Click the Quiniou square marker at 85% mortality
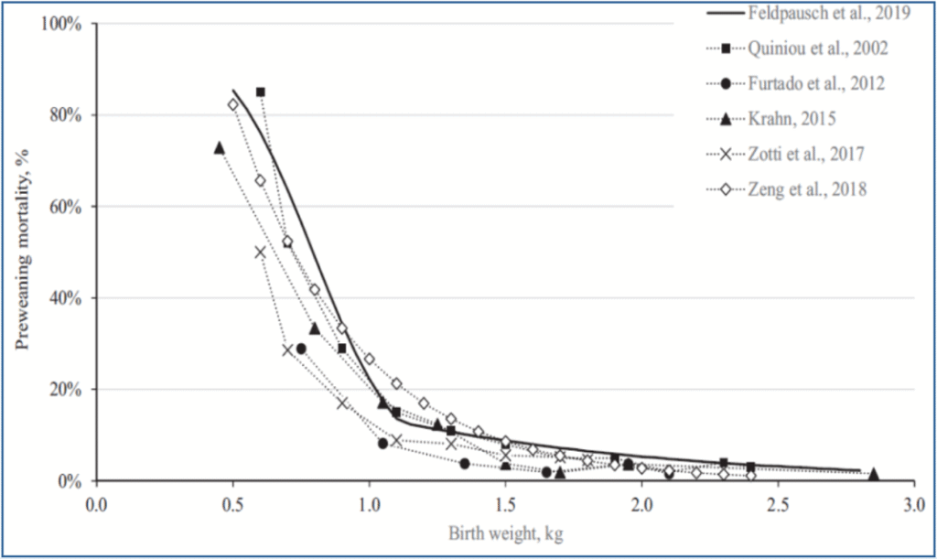261,92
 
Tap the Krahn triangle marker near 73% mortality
220,147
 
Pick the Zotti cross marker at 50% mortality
261,252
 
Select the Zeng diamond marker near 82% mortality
233,104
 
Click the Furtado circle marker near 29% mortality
301,349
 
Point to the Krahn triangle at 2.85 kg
873,474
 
